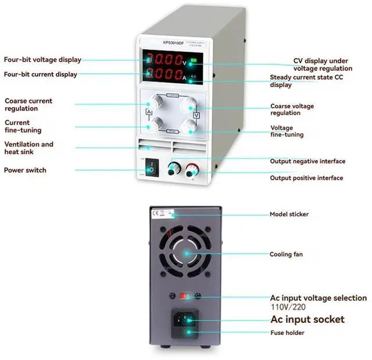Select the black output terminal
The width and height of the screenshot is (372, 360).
[172, 169]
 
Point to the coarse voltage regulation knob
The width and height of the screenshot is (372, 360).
[188, 104]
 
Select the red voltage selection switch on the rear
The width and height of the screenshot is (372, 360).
[185, 295]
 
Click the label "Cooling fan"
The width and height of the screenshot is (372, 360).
[285, 254]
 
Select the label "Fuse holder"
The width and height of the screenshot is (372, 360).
[287, 333]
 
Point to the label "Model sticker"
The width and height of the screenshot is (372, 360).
[289, 214]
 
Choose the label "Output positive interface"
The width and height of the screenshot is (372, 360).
[306, 178]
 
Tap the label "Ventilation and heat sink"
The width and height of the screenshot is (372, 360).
[28, 148]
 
